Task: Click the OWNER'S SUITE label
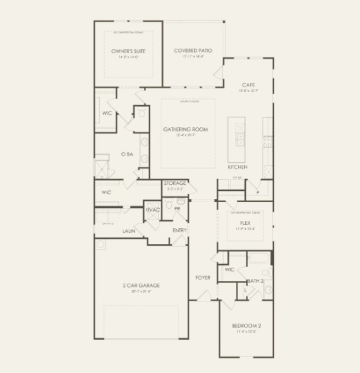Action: pos(128,51)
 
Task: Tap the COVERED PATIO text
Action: pos(193,51)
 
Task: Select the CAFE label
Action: pos(248,85)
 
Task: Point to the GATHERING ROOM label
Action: pos(186,129)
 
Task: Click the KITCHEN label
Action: pos(237,167)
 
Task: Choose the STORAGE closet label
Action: pos(175,183)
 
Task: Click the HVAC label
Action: pos(153,210)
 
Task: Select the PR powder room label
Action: pos(177,208)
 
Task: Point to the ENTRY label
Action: pos(179,230)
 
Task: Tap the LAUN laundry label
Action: pos(129,231)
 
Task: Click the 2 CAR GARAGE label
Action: pos(141,286)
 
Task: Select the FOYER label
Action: pos(203,277)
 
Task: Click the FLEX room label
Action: pos(245,223)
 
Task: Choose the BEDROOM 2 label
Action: pos(246,326)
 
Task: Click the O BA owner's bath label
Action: pos(127,154)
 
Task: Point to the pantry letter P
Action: pos(257,192)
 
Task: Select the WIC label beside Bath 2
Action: pos(229,270)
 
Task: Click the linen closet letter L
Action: pos(247,290)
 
